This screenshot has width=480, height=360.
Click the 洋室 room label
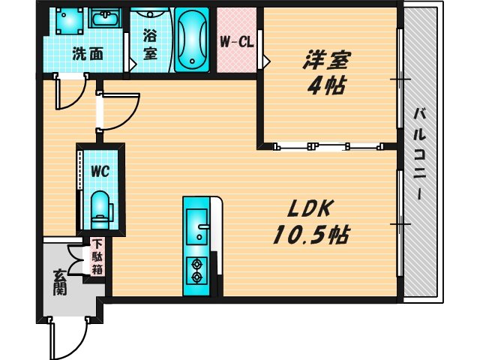pyautogui.click(x=328, y=58)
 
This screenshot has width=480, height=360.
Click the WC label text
pyautogui.click(x=100, y=171)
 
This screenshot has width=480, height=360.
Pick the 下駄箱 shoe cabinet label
pyautogui.click(x=98, y=257)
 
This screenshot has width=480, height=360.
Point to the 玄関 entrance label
pyautogui.click(x=60, y=283)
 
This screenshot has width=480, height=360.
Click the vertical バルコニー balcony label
pyautogui.click(x=420, y=154)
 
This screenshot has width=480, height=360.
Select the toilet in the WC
pyautogui.click(x=99, y=207)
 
